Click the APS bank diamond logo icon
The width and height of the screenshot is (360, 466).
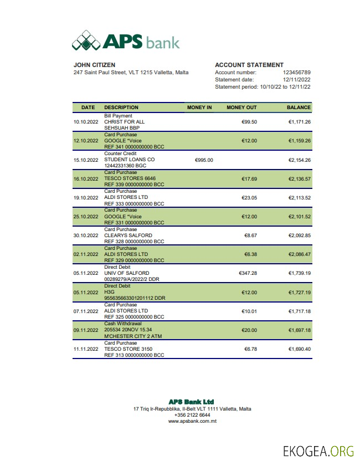(x=87, y=40)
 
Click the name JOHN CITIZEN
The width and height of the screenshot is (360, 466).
(x=94, y=65)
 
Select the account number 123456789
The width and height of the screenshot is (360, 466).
(x=296, y=73)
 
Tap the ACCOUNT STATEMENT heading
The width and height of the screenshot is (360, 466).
(x=249, y=65)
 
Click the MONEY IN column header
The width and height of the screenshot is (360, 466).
(x=199, y=107)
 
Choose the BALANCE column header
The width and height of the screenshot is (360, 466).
(x=299, y=107)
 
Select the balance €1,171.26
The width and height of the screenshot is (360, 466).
(x=299, y=122)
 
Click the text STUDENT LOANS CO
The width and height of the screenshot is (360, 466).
(x=130, y=160)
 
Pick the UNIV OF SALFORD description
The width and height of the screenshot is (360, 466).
(x=126, y=273)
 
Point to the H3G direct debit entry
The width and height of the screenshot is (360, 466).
(x=109, y=292)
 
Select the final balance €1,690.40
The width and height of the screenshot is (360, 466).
(x=299, y=350)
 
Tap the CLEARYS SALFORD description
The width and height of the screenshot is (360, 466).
(x=128, y=235)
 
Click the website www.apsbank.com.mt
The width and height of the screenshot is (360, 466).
(x=192, y=422)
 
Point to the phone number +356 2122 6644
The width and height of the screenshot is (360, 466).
(x=192, y=415)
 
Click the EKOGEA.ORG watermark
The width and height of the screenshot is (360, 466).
(x=317, y=450)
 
